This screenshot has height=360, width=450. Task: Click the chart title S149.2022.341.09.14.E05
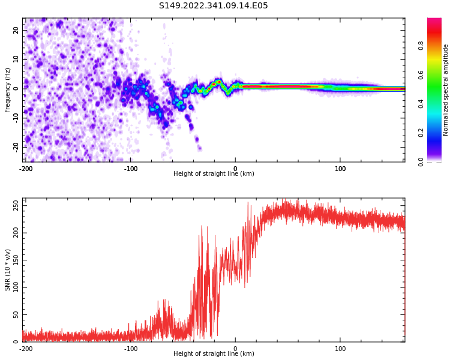tap(213, 6)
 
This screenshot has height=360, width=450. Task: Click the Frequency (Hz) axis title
tap(8, 90)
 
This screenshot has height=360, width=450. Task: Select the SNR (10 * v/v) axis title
tap(8, 270)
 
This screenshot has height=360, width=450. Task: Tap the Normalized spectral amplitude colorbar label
tap(446, 90)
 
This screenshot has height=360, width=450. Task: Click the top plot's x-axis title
tap(214, 174)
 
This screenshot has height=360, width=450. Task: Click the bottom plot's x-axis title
tap(214, 354)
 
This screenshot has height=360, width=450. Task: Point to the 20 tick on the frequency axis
tap(16, 30)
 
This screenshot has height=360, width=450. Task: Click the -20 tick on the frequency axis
tap(15, 147)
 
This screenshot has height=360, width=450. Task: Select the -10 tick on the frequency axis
tap(15, 118)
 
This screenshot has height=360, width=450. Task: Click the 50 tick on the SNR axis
tap(16, 314)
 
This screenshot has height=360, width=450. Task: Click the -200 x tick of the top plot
tap(26, 169)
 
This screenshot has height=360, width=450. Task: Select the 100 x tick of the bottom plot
tap(340, 349)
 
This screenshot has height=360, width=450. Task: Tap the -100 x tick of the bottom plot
tap(131, 349)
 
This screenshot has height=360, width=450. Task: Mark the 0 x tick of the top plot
tap(235, 169)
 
